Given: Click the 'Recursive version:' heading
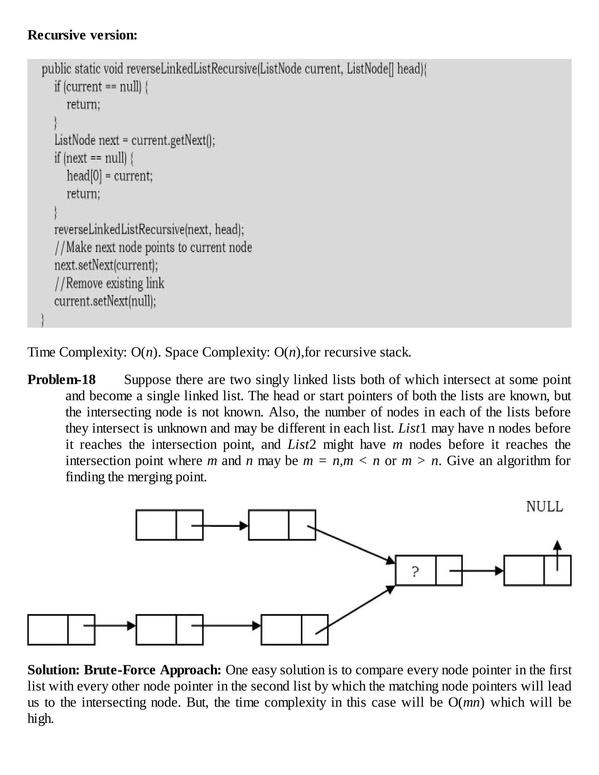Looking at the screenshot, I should (82, 35).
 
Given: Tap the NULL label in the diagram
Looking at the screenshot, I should (544, 506).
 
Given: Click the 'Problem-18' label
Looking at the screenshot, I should (61, 380).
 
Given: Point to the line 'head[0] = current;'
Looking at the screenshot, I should (110, 176).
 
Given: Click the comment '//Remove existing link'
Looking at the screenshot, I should (109, 283).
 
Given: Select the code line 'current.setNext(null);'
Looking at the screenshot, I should (105, 301).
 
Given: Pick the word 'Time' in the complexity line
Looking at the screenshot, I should (41, 352).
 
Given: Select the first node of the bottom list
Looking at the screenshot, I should (61, 630).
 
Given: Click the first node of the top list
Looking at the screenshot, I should (169, 525).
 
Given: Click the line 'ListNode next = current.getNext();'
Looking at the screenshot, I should (135, 140).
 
